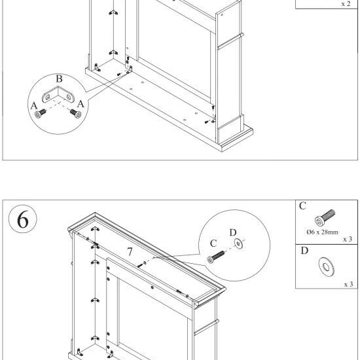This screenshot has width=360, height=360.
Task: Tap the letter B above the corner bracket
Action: coord(59,80)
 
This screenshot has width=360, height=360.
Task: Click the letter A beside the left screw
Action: coord(33,103)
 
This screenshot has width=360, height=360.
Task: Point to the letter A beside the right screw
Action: coord(81,103)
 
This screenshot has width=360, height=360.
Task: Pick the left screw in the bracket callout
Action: coord(41,113)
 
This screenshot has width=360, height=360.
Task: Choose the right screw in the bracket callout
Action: coord(75,113)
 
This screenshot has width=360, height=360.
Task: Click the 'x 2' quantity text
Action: coord(346,3)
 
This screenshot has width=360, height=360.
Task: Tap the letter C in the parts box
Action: coord(302,206)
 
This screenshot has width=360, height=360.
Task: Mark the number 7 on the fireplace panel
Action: coord(130,251)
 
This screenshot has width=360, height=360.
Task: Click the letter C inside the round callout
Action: coord(213,243)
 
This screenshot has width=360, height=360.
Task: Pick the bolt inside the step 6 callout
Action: coord(215,257)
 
